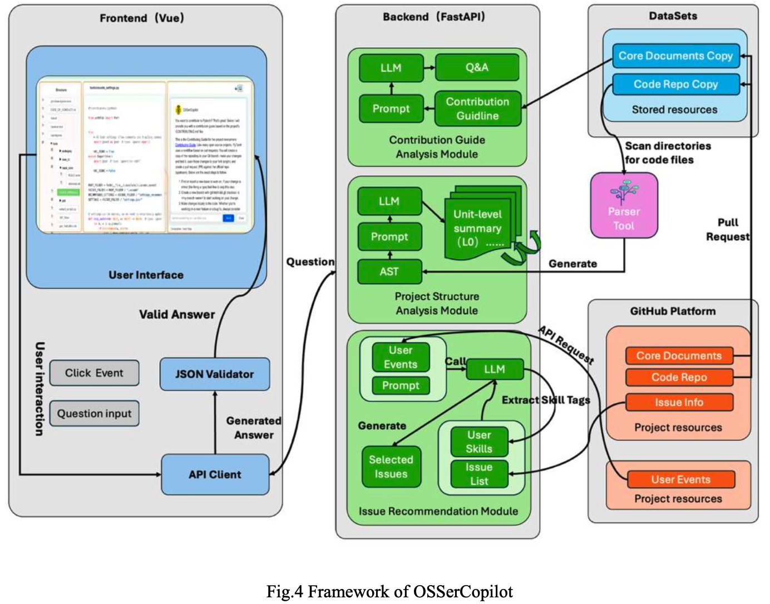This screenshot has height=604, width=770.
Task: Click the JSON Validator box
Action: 215,374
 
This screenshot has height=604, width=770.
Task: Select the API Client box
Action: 215,474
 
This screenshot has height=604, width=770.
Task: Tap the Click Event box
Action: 94,373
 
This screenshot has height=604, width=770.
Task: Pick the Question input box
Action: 94,414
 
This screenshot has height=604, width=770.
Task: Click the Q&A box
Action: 477,68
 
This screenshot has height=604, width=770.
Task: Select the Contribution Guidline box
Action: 477,108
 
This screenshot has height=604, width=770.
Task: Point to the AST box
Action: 389,271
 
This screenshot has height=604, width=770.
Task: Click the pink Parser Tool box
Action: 624,205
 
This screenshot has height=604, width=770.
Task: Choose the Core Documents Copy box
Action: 675,56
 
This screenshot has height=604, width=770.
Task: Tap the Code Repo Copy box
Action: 675,85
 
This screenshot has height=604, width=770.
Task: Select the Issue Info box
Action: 679,402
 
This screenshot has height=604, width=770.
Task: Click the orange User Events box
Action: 680,479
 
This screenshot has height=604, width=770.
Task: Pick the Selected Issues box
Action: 391,467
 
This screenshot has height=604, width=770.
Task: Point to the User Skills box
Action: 479,442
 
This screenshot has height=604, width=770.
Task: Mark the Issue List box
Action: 479,474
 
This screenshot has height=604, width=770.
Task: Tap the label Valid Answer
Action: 177,315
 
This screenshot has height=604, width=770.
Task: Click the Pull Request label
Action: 728,230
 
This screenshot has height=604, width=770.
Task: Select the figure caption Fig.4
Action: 389,591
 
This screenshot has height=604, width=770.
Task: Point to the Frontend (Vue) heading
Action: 142,18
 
